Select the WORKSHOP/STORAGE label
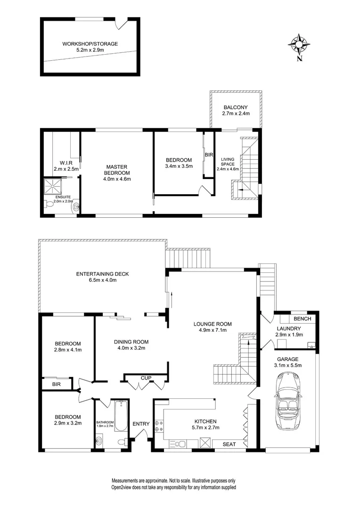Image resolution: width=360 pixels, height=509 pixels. (90, 44)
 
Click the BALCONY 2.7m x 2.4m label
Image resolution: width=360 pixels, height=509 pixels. (236, 110)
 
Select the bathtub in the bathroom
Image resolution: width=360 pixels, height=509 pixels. (121, 416)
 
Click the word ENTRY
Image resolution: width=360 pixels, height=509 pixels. (140, 424)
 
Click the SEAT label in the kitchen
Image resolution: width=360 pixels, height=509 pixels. (229, 443)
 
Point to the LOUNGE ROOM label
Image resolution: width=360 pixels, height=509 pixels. (213, 324)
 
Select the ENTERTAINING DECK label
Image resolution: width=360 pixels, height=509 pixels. (102, 274)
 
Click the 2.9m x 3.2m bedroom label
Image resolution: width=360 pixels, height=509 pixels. (67, 423)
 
